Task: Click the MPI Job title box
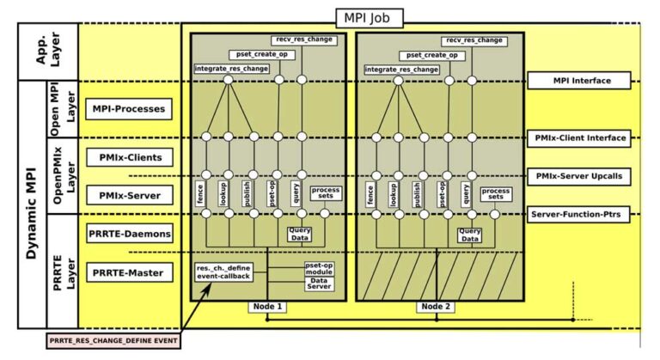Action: pyautogui.click(x=367, y=15)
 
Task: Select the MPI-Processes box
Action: pyautogui.click(x=130, y=109)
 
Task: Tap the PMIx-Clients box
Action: pyautogui.click(x=130, y=158)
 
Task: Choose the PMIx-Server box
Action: pyautogui.click(x=130, y=196)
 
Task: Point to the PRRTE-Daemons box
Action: pyautogui.click(x=130, y=234)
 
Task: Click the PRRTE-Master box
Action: pyautogui.click(x=130, y=272)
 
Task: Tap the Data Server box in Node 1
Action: pyautogui.click(x=319, y=286)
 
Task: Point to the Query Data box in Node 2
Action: pyautogui.click(x=469, y=235)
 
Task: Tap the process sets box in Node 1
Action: pyautogui.click(x=326, y=192)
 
